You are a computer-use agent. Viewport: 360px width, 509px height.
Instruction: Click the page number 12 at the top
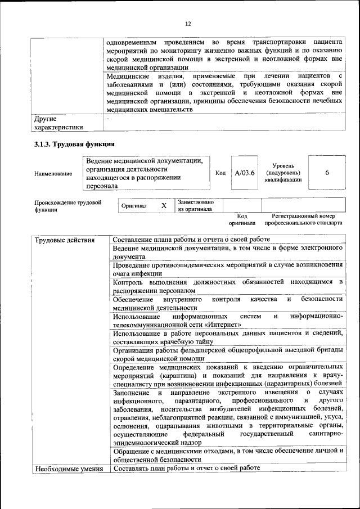tap(188, 24)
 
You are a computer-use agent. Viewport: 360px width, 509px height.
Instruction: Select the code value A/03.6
tap(245, 173)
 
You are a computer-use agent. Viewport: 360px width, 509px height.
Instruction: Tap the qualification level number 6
tap(327, 173)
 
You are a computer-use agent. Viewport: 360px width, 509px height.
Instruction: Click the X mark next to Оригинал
tap(164, 206)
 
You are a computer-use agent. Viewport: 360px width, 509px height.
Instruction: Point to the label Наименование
tap(53, 174)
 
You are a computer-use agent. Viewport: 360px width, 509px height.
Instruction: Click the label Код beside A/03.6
tap(220, 173)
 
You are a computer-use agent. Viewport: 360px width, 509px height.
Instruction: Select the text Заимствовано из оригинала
tap(195, 205)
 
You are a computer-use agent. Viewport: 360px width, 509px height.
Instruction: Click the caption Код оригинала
tap(242, 219)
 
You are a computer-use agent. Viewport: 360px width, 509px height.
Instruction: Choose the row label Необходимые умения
tap(69, 468)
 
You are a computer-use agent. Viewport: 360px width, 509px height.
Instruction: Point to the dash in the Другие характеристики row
tap(109, 119)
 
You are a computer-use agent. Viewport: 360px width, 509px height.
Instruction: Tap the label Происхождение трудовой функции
tap(67, 206)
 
